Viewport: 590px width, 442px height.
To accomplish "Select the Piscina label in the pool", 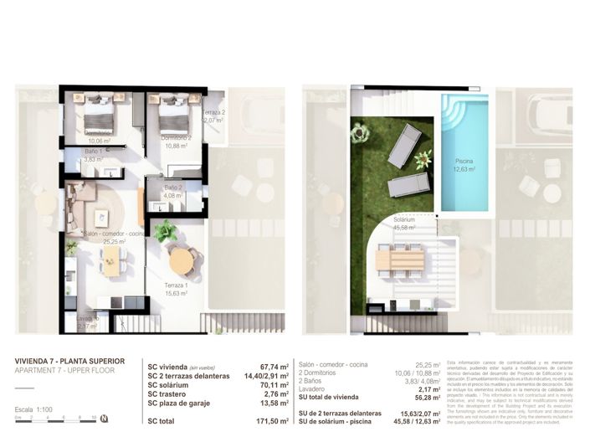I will click(464, 163).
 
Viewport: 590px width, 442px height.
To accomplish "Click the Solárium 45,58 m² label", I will click(406, 223).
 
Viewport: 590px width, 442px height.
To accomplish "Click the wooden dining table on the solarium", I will click(399, 260).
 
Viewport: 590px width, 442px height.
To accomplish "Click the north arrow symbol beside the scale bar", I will click(104, 418).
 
